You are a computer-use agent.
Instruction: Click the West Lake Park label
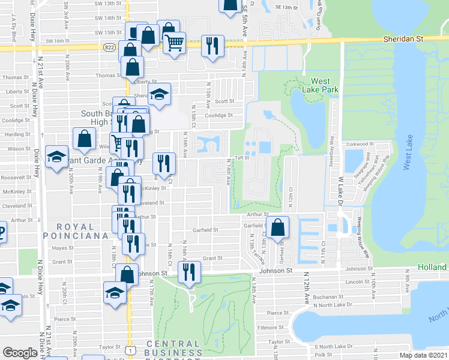pyautogui.click(x=324, y=85)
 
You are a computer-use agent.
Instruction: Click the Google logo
pyautogui.click(x=20, y=353)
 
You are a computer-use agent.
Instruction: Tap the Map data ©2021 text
pyautogui.click(x=424, y=355)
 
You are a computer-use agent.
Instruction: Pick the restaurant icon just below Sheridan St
pyautogui.click(x=212, y=45)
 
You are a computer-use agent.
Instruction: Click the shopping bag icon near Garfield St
pyautogui.click(x=277, y=227)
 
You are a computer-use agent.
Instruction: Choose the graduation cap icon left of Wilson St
pyautogui.click(x=57, y=158)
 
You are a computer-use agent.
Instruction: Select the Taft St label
pyautogui.click(x=242, y=158)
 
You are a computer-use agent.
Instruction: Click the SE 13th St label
pyautogui.click(x=286, y=7)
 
